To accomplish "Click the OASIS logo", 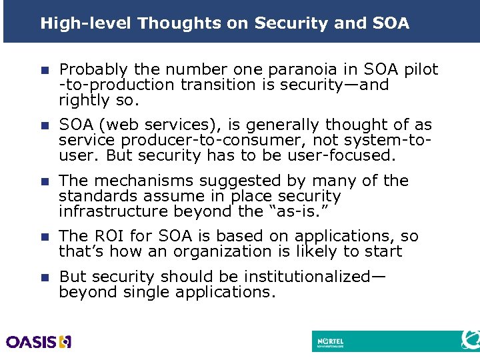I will (x=39, y=342).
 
